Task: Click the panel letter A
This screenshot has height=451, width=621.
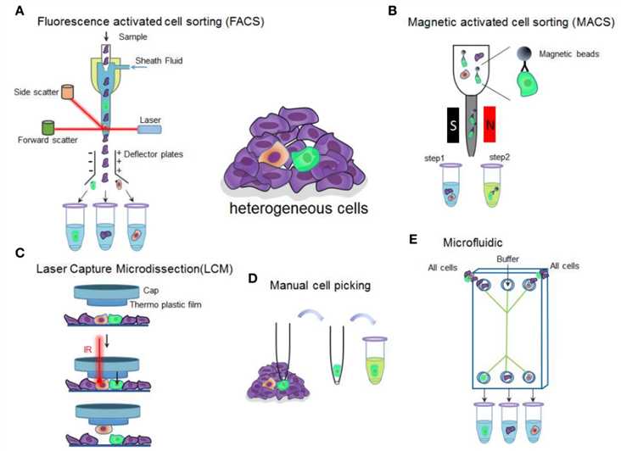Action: [10, 10]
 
